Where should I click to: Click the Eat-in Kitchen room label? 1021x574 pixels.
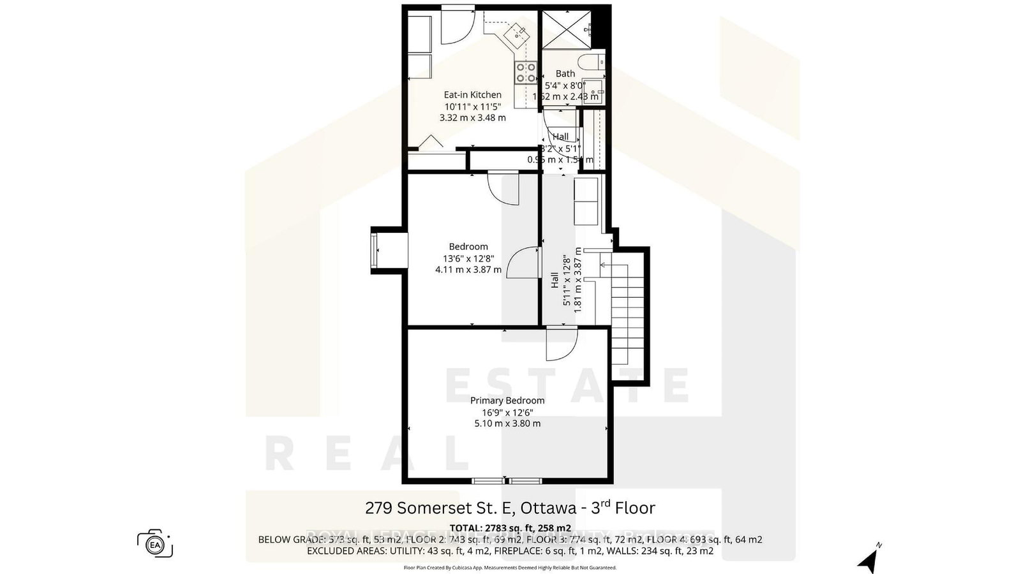(x=472, y=95)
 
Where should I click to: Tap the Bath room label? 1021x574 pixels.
(x=565, y=74)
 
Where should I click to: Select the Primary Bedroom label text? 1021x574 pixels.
(x=507, y=401)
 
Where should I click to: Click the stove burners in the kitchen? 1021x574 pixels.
(x=526, y=72)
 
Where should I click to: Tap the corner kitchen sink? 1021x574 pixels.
(x=516, y=33)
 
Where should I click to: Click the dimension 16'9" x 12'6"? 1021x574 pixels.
(x=507, y=412)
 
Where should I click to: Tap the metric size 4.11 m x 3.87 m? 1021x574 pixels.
(x=468, y=270)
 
